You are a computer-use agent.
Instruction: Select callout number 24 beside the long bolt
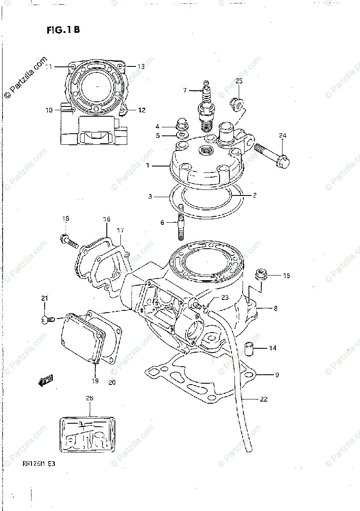283,136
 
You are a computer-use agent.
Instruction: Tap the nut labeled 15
260,274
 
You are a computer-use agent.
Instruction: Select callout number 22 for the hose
264,399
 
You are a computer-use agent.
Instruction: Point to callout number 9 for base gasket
277,375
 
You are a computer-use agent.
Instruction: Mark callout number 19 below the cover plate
94,381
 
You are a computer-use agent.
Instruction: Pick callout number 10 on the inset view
49,110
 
